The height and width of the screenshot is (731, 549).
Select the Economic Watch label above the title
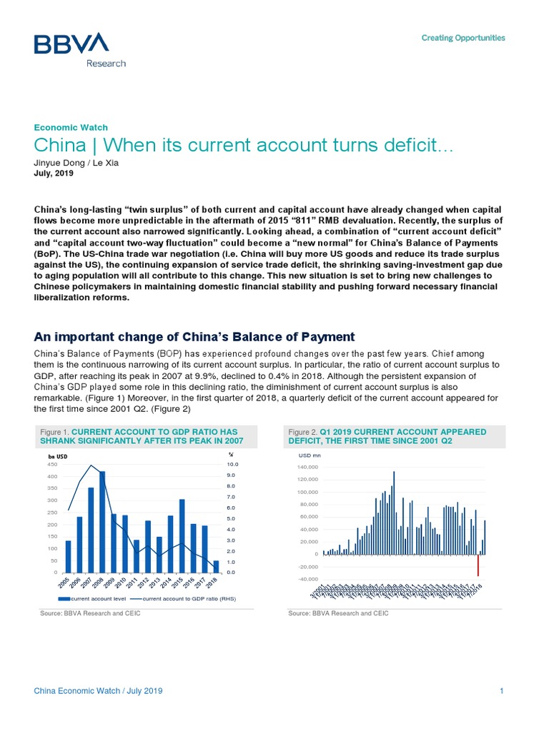(71, 127)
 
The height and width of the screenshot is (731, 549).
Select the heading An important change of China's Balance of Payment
(194, 336)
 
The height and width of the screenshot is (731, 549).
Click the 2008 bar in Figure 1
(102, 522)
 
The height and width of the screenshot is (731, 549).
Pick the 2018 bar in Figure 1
(217, 566)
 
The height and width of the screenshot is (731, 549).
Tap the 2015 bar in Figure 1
(182, 535)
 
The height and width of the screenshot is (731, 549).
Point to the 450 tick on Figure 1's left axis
(51, 464)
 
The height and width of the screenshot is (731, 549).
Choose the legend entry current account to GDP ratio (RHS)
(189, 598)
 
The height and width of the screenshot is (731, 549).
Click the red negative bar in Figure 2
(478, 565)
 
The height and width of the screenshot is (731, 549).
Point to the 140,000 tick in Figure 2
(307, 467)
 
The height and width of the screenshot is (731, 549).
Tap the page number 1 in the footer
(503, 691)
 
